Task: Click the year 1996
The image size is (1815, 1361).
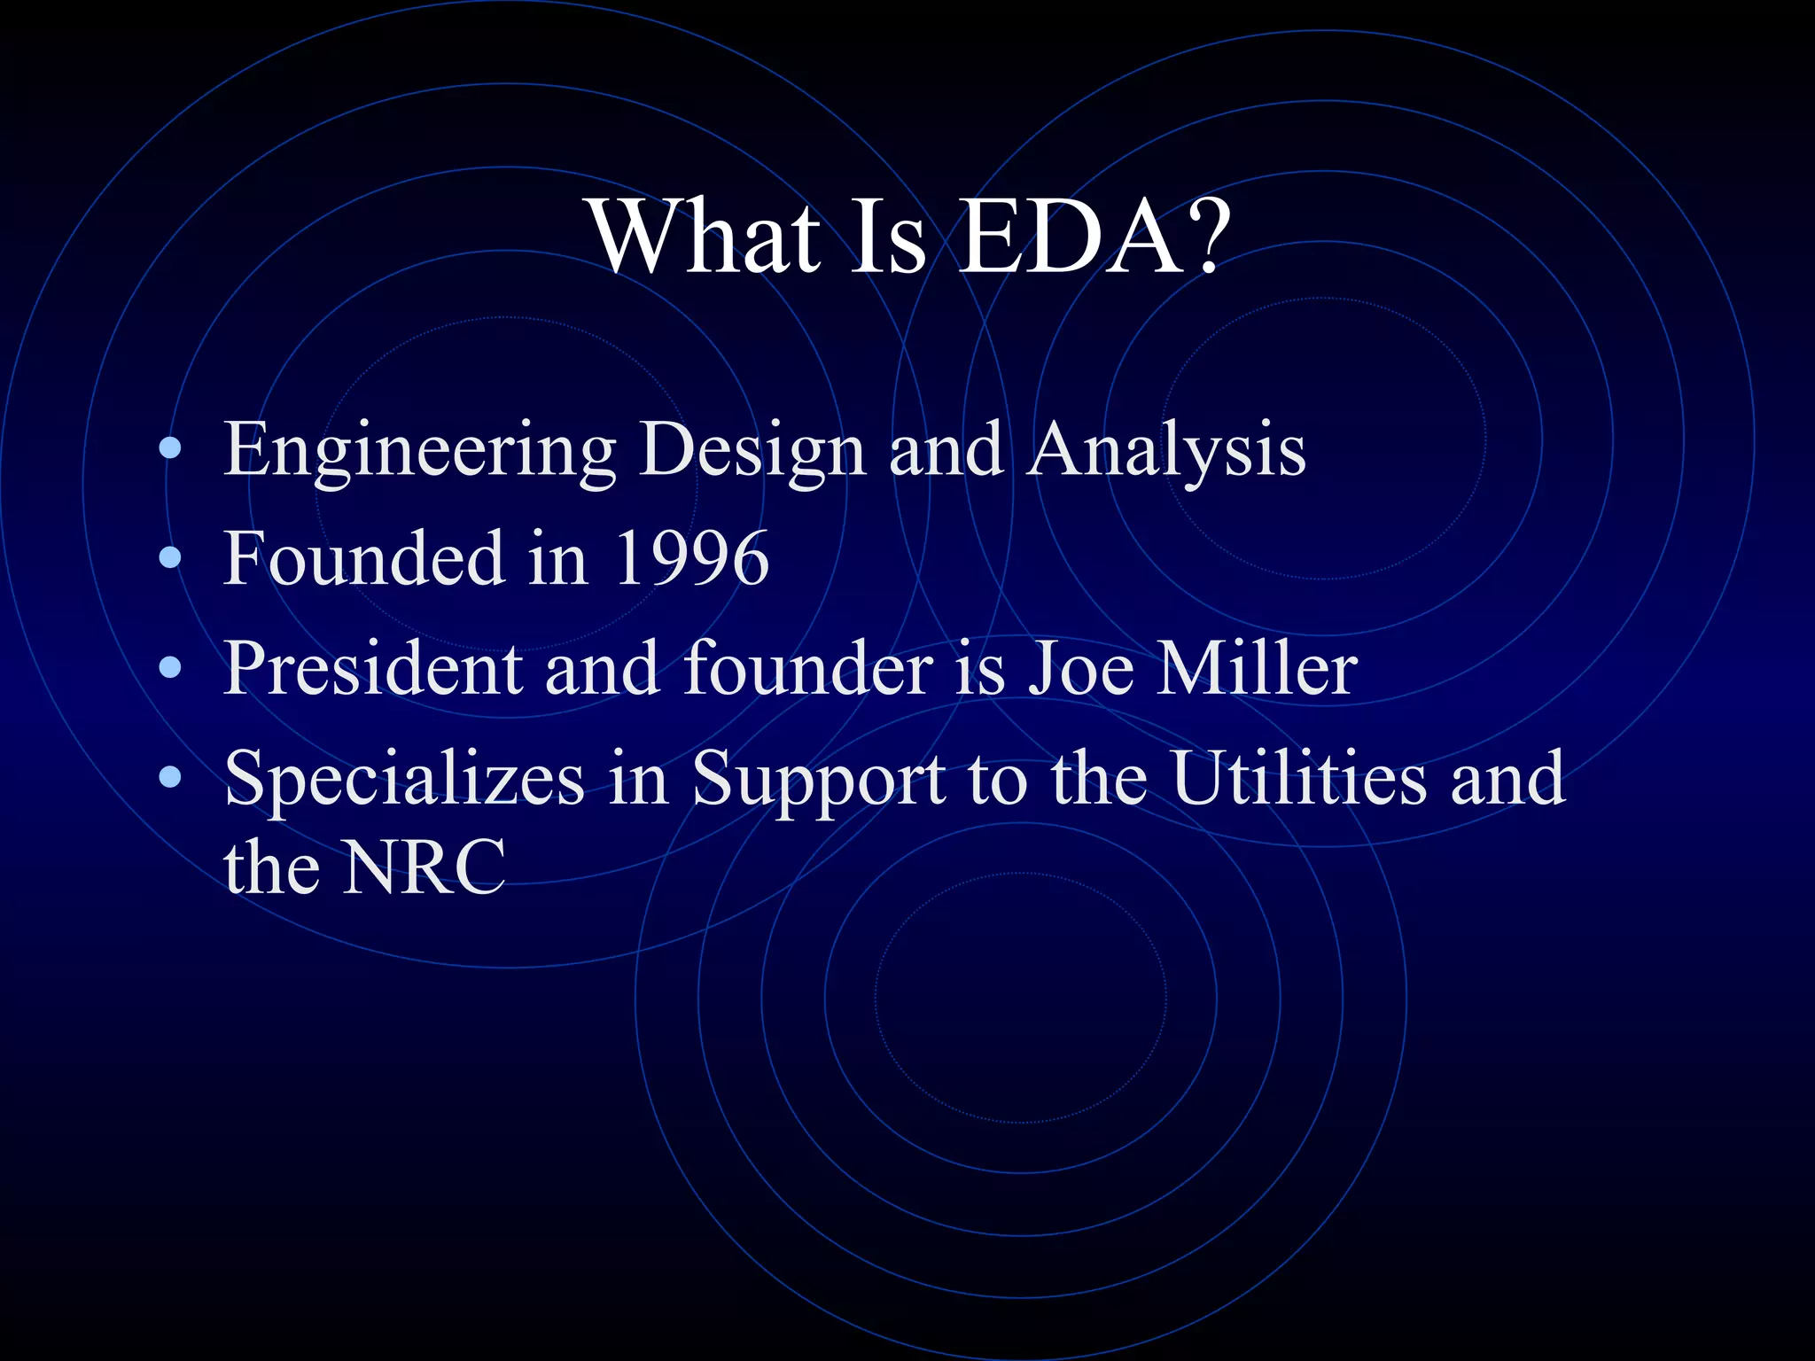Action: click(691, 558)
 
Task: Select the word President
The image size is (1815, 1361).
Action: click(372, 668)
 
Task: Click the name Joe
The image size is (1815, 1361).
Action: click(1080, 668)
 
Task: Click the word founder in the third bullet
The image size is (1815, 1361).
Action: click(807, 668)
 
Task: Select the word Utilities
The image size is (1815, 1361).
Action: click(1299, 778)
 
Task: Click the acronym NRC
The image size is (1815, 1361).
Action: click(425, 867)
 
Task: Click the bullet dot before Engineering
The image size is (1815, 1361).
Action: click(170, 449)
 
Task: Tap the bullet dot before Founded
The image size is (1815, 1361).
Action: click(170, 558)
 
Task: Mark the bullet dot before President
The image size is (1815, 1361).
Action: click(170, 668)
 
